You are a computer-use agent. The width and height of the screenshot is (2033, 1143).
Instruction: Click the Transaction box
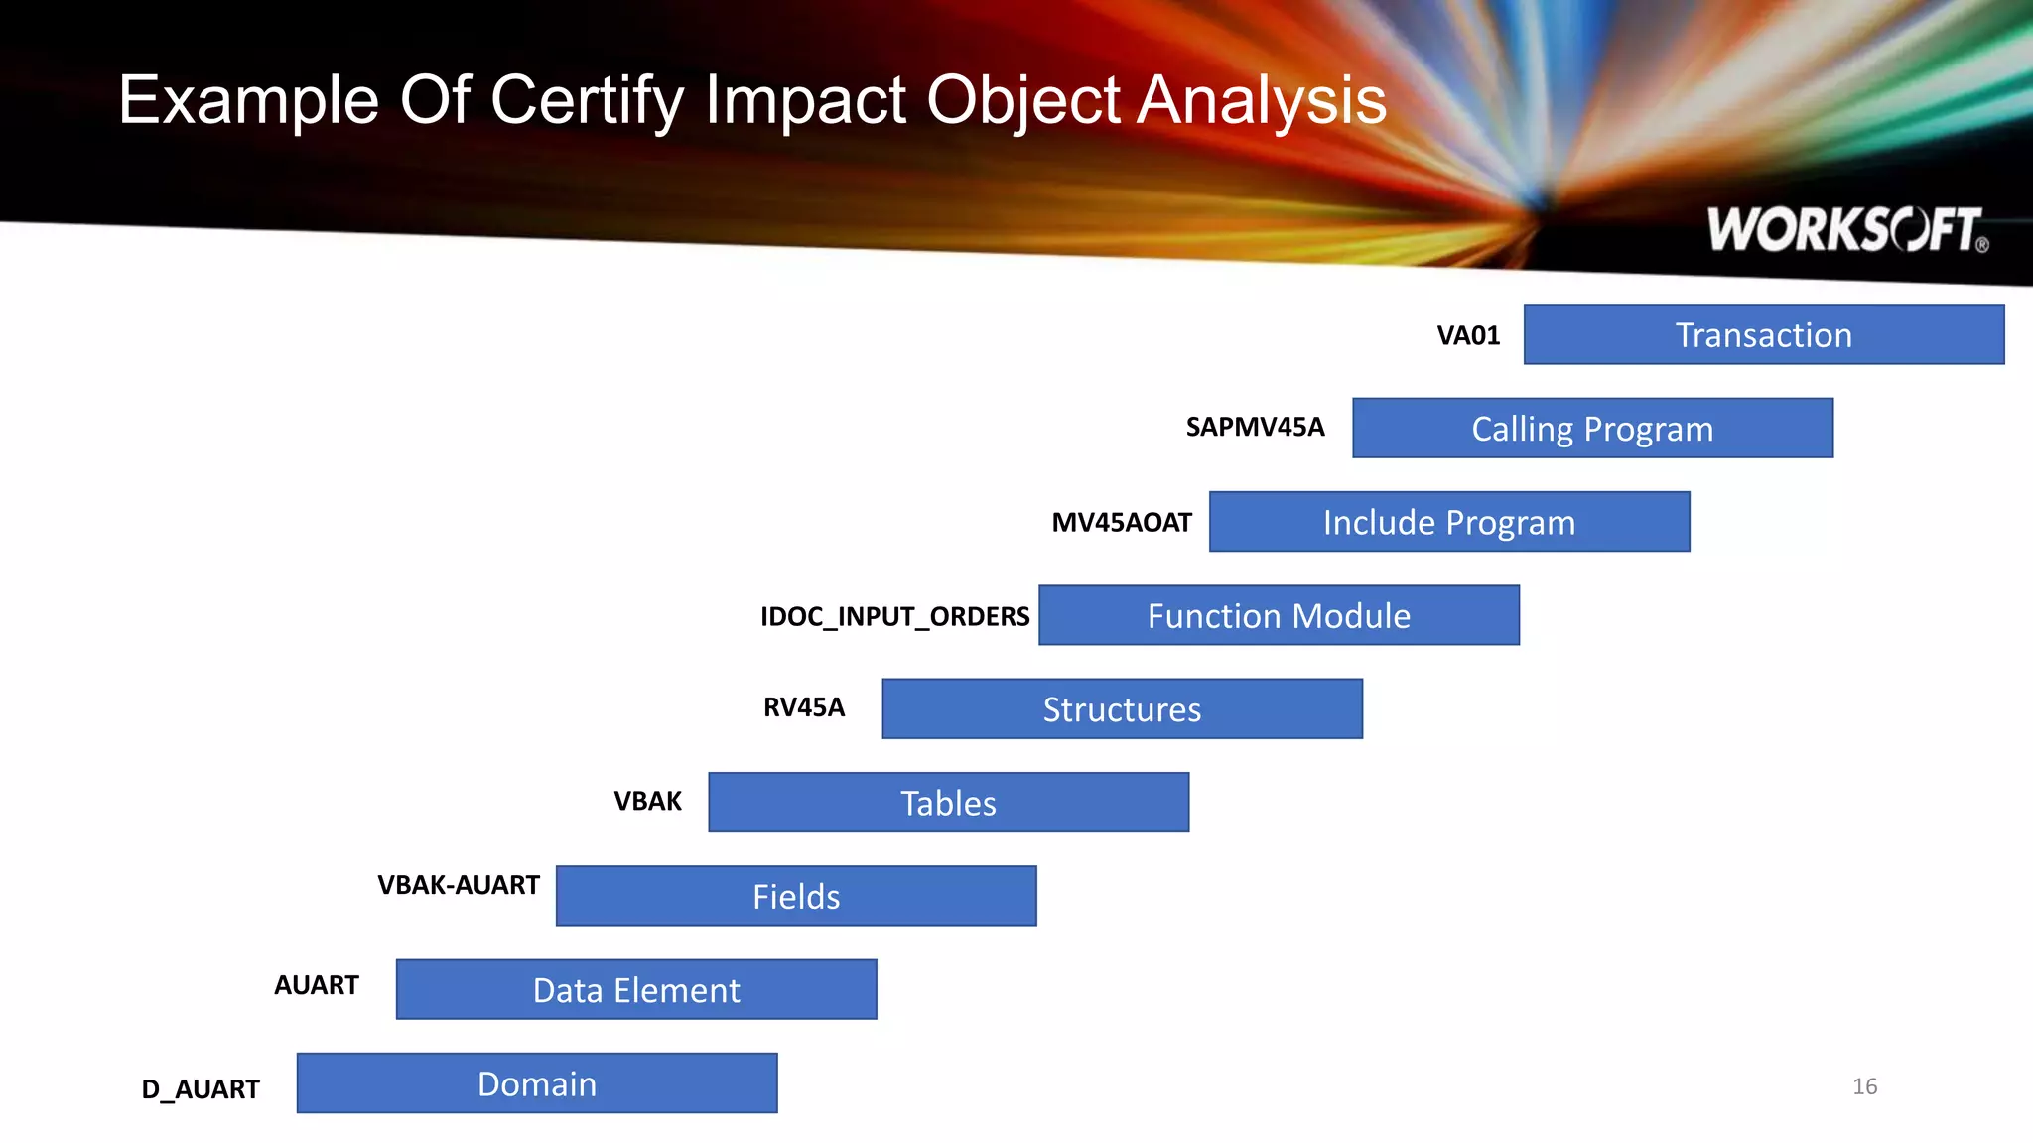pos(1763,335)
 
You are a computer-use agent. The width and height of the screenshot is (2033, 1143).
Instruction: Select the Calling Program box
pos(1592,429)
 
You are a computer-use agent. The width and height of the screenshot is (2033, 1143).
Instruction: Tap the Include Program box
pos(1449,522)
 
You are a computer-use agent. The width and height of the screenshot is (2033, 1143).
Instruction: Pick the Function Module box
pos(1279,616)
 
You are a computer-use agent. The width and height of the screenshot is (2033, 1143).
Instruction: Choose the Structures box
pos(1122,709)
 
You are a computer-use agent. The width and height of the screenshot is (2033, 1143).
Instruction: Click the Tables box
pos(948,803)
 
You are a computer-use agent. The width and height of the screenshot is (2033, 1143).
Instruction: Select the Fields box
pos(796,897)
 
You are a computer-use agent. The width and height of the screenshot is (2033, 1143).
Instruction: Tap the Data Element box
pos(636,990)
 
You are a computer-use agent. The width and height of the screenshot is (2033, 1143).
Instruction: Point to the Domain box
pos(537,1083)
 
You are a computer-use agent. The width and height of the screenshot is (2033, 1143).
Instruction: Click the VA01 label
pos(1468,336)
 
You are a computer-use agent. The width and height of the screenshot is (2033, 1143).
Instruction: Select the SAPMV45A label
pos(1255,428)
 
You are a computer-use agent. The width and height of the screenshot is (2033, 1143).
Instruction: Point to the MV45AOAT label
pos(1122,523)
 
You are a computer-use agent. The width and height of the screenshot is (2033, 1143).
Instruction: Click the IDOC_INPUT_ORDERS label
pos(894,617)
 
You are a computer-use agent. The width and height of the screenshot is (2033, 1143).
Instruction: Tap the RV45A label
pos(804,707)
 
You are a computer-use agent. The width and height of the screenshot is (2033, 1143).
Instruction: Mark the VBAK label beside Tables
pos(647,802)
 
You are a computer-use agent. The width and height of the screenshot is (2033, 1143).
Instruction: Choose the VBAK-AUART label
pos(459,885)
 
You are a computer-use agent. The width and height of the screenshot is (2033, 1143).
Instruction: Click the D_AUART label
pos(201,1089)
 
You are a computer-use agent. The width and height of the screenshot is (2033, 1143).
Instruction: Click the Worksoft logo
pos(1846,230)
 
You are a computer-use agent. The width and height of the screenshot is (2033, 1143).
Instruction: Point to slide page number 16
pos(1864,1086)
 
